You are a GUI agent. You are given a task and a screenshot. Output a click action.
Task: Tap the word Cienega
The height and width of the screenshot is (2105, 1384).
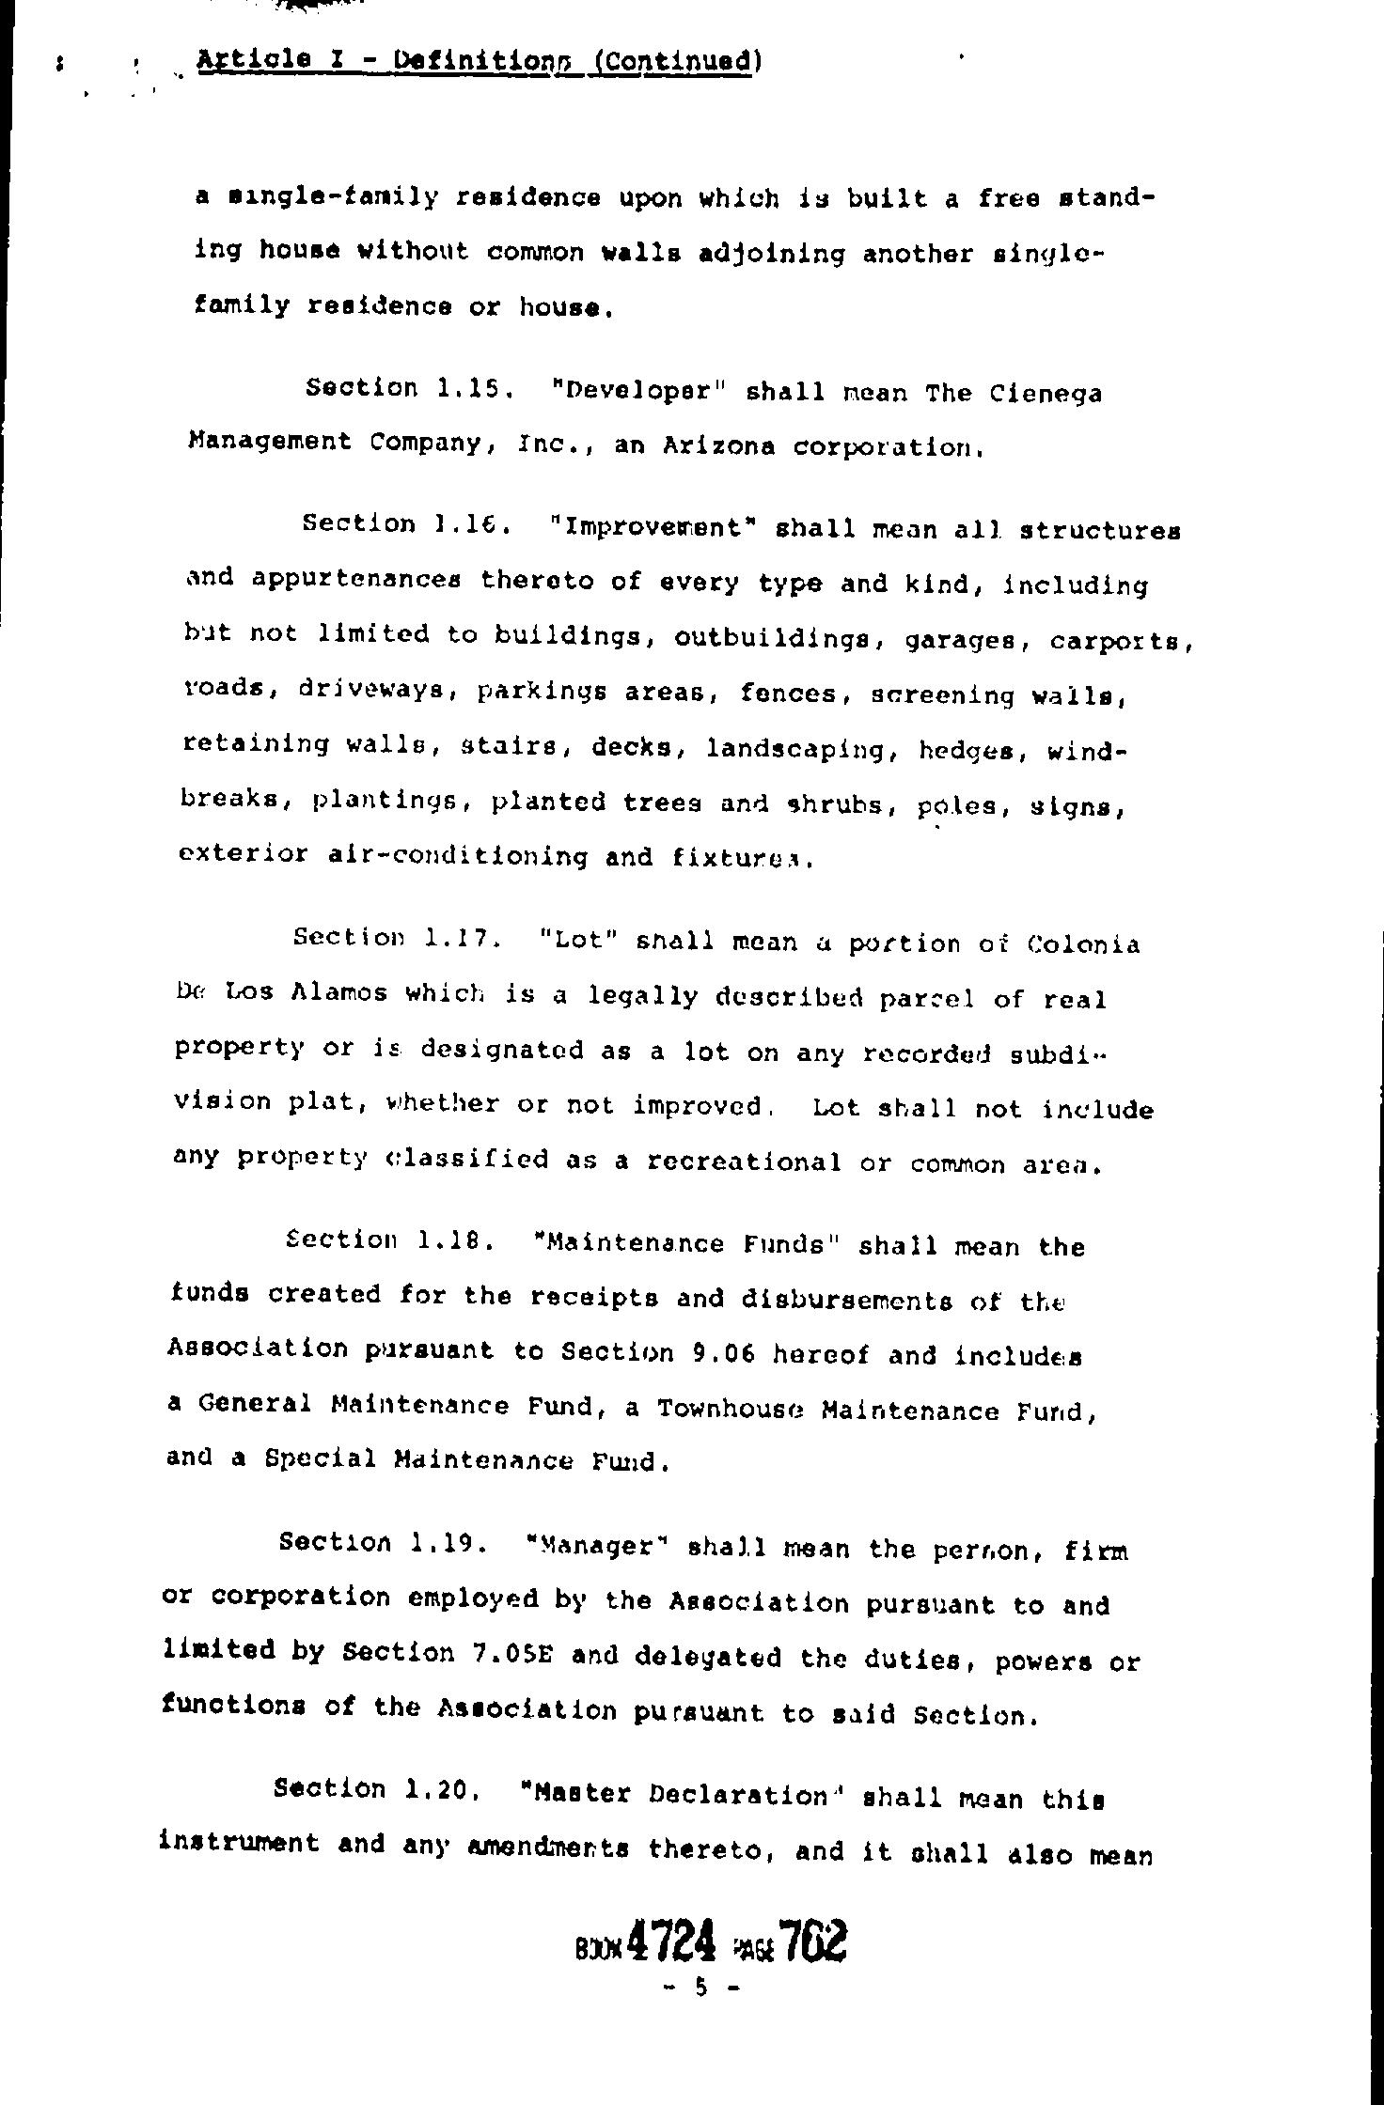[1046, 394]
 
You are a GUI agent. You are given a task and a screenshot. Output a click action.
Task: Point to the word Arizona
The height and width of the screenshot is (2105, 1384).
[718, 447]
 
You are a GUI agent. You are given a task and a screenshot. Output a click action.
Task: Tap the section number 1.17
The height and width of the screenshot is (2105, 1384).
[458, 938]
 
